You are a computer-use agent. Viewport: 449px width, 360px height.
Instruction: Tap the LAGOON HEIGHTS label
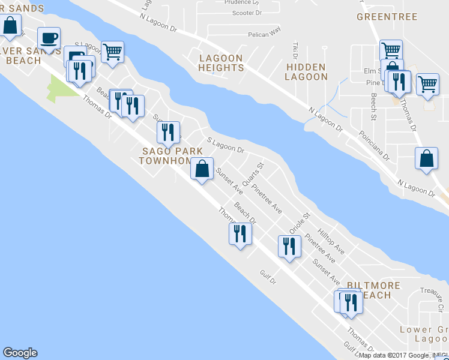click(x=221, y=63)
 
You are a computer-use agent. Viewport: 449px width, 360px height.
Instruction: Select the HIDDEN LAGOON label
click(x=306, y=71)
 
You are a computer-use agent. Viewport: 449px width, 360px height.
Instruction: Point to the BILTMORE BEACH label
click(x=369, y=290)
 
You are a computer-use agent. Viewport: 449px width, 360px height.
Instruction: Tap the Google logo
click(x=20, y=353)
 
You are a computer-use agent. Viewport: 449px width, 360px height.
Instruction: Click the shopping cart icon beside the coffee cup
click(x=112, y=52)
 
